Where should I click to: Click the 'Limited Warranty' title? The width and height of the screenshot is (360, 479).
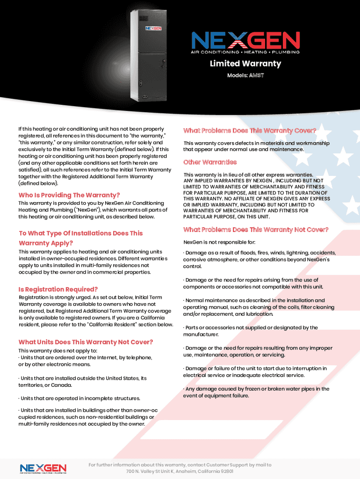pos(245,64)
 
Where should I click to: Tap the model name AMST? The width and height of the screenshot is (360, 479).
pos(256,75)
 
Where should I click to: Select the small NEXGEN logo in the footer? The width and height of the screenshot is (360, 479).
pos(43,468)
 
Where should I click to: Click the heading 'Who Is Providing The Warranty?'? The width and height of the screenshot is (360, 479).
pos(69,195)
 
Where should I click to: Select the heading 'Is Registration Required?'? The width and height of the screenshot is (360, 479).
pos(58,290)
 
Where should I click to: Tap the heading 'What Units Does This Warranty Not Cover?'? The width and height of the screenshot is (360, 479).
pos(86,342)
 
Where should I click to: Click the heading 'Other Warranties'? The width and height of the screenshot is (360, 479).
pos(210,162)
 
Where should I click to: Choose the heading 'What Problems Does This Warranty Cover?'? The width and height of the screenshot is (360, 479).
pos(250,131)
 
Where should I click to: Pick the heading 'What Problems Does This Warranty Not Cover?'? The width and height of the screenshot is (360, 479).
pos(256,230)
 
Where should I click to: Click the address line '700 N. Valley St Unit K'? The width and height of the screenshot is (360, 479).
pos(180,471)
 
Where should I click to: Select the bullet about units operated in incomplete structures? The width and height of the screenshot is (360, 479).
pos(79,399)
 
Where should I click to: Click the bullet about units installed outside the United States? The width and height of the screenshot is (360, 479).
pos(82,382)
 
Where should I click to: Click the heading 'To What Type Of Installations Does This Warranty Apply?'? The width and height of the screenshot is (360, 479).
pos(80,238)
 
